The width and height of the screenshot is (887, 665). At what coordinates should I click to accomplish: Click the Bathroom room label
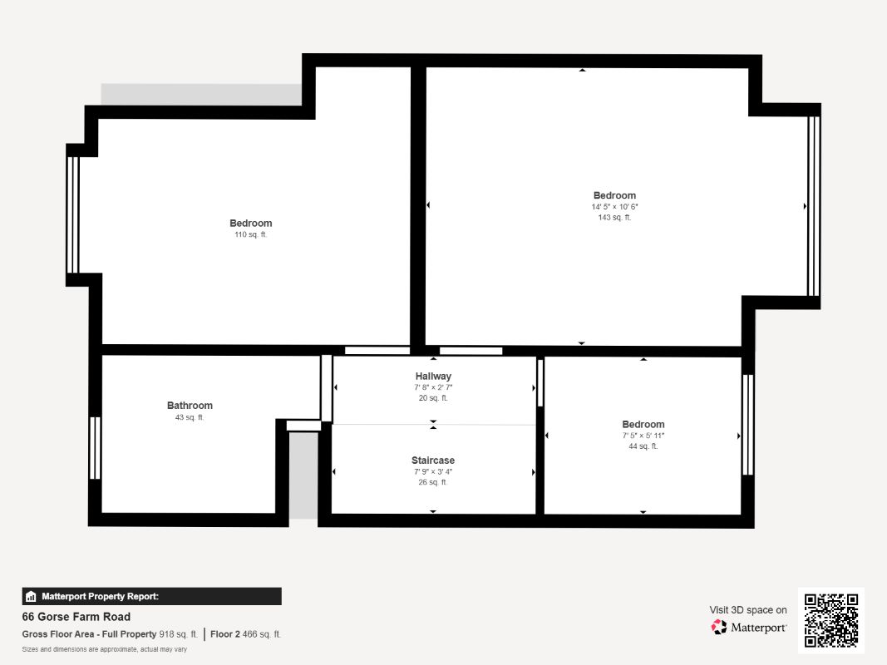coord(190,406)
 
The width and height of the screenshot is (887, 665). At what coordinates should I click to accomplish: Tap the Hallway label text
coord(433,377)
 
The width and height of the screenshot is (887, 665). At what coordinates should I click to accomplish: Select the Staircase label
coord(433,461)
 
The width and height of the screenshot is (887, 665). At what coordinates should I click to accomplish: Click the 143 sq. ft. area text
coord(614,218)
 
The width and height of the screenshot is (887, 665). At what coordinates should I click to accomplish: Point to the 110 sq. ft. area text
coord(250,235)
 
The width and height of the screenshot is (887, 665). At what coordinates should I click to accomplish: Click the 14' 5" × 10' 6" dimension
coord(614,207)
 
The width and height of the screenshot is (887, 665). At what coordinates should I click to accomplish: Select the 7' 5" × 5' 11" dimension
coord(643,436)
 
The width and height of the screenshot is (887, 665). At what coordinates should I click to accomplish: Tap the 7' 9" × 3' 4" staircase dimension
coord(433,471)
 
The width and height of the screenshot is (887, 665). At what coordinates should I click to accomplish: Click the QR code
coord(831,620)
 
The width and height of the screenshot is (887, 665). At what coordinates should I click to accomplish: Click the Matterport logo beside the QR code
coord(749,628)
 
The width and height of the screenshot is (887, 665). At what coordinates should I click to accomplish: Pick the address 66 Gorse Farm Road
coord(76,617)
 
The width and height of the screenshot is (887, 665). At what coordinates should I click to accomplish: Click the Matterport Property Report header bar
coord(151,596)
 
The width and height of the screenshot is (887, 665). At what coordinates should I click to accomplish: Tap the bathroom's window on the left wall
coord(95,448)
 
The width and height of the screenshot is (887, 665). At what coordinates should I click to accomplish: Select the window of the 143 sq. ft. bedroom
coord(813,206)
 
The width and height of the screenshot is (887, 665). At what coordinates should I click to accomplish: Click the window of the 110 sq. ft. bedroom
coord(72,214)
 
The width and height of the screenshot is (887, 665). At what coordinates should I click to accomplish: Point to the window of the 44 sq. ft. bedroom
coord(747,425)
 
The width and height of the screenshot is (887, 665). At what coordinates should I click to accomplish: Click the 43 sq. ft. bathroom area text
coord(190,417)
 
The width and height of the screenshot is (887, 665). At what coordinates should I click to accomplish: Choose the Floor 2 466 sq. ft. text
coord(246,634)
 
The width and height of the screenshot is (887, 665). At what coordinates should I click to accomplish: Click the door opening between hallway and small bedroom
coord(540,382)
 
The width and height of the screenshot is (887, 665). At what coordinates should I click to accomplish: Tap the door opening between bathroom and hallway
coord(327,388)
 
